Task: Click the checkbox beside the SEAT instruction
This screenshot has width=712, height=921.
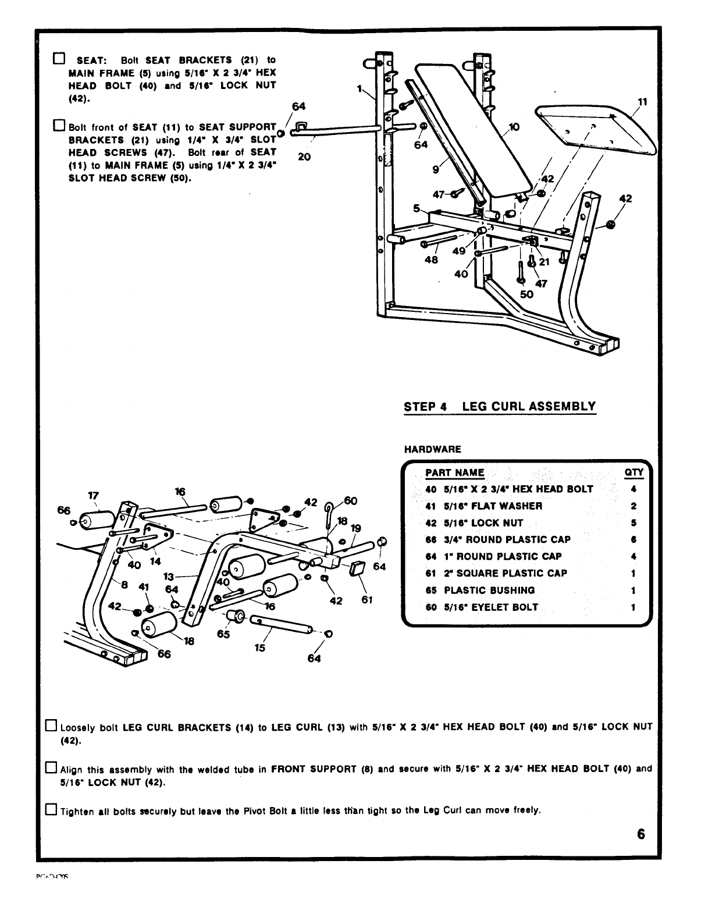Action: point(58,59)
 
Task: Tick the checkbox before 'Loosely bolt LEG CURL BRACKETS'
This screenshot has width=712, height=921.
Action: point(51,726)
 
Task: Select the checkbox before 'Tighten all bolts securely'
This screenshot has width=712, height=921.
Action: point(51,809)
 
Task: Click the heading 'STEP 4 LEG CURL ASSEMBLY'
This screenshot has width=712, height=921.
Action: point(500,406)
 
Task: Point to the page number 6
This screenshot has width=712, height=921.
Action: point(640,834)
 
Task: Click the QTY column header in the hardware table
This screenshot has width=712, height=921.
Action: point(632,473)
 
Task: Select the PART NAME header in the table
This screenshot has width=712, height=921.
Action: point(454,473)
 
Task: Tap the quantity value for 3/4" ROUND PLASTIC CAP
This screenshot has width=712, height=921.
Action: point(633,539)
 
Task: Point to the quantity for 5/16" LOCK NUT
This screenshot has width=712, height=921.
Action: point(633,522)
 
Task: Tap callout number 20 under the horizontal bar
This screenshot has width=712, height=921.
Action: point(304,156)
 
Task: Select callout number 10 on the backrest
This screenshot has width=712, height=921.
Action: point(514,126)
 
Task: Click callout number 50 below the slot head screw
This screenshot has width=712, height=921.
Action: point(526,294)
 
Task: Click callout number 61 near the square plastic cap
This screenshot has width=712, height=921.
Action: point(366,599)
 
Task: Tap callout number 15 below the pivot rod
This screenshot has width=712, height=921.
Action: point(260,647)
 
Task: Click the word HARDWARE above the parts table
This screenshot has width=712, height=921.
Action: point(432,449)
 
